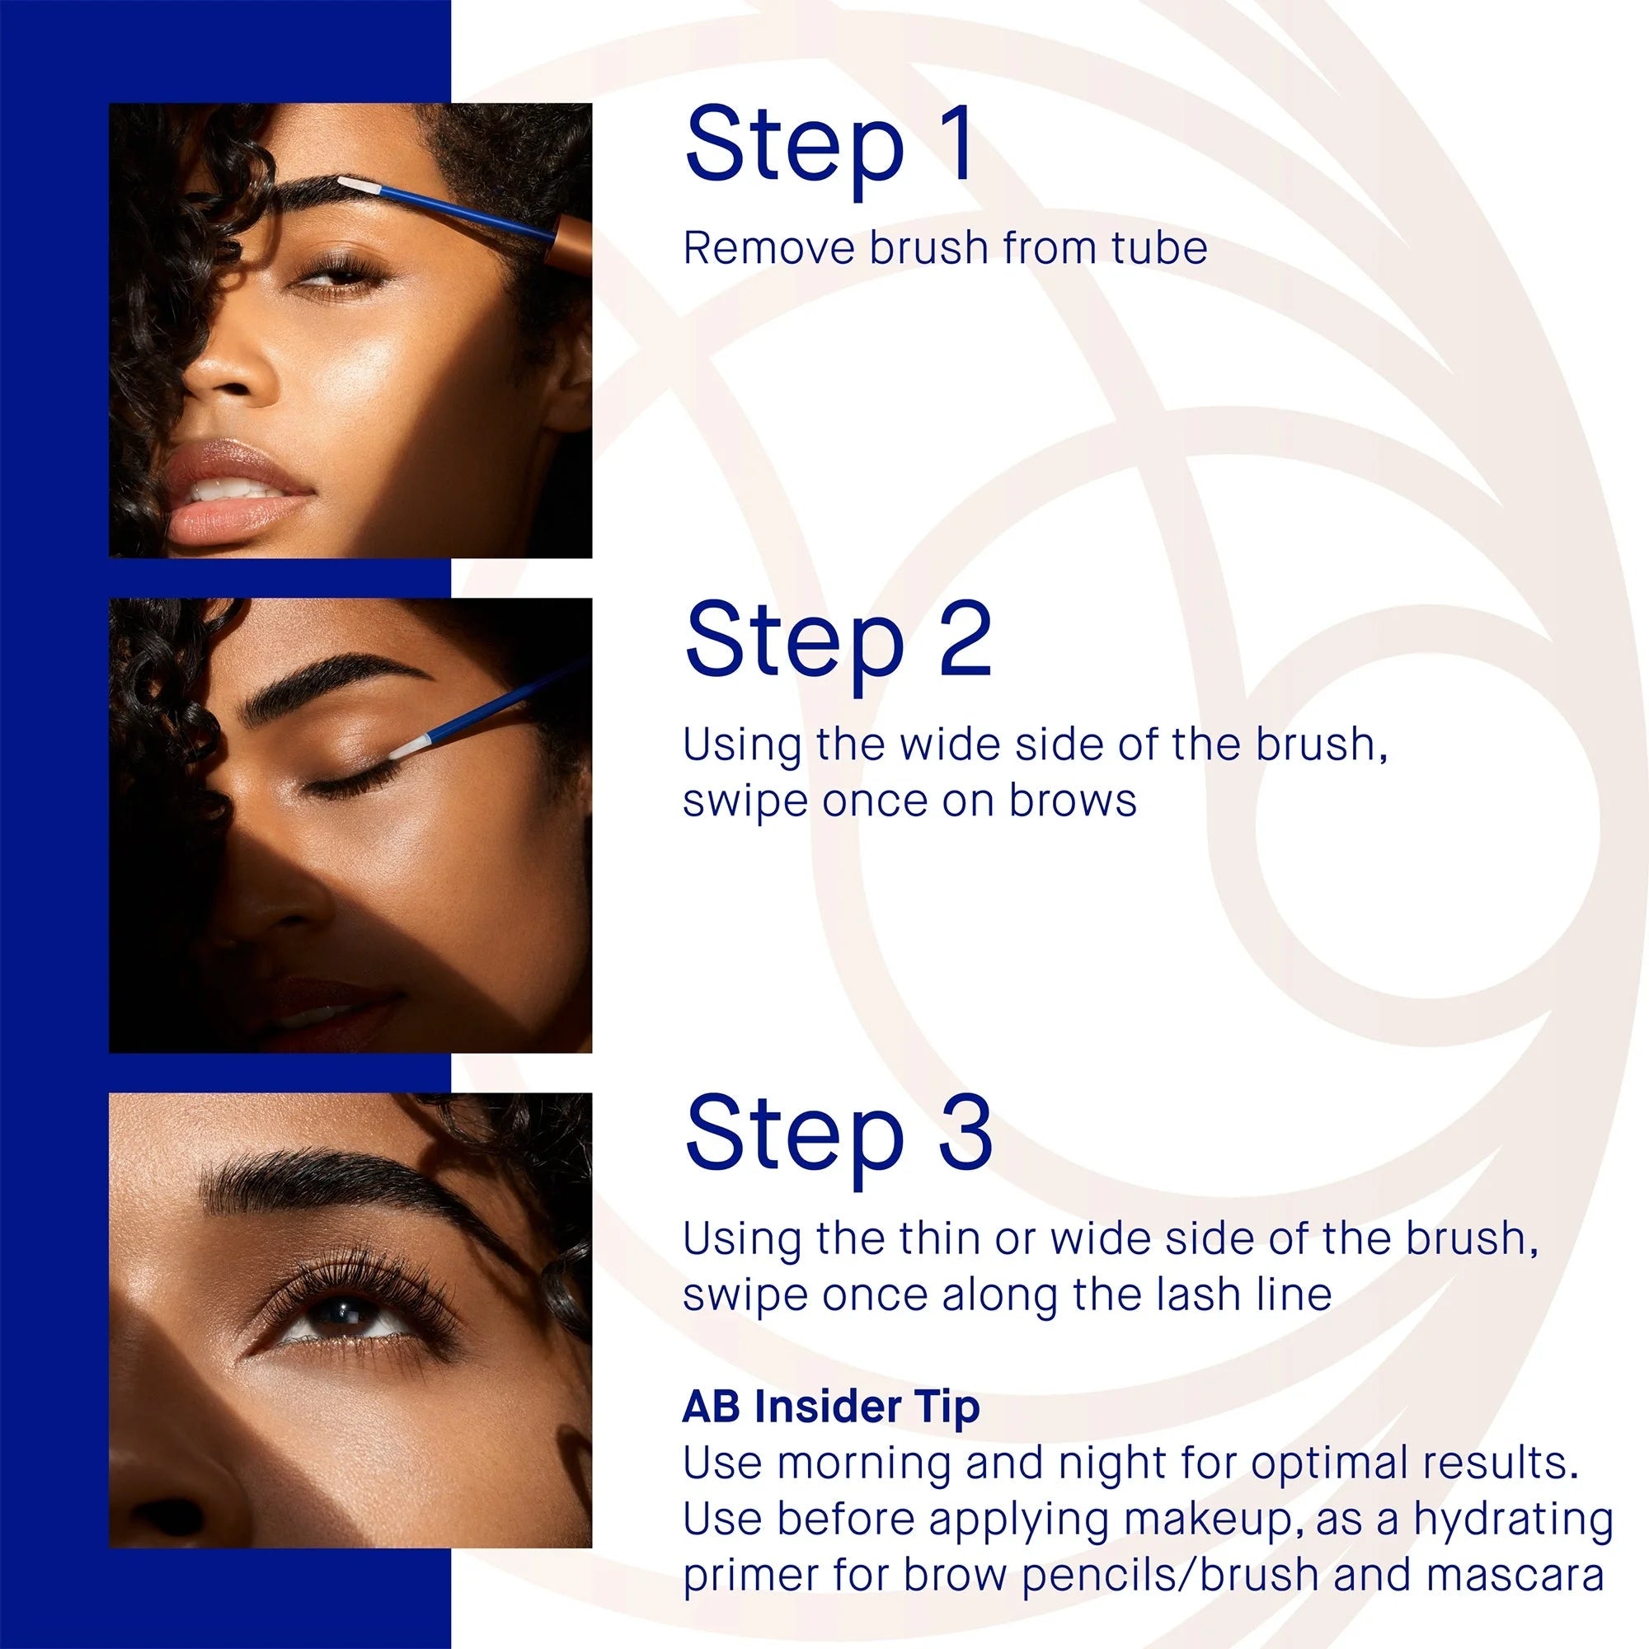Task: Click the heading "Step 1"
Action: (829, 146)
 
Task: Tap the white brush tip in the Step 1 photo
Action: (357, 185)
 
